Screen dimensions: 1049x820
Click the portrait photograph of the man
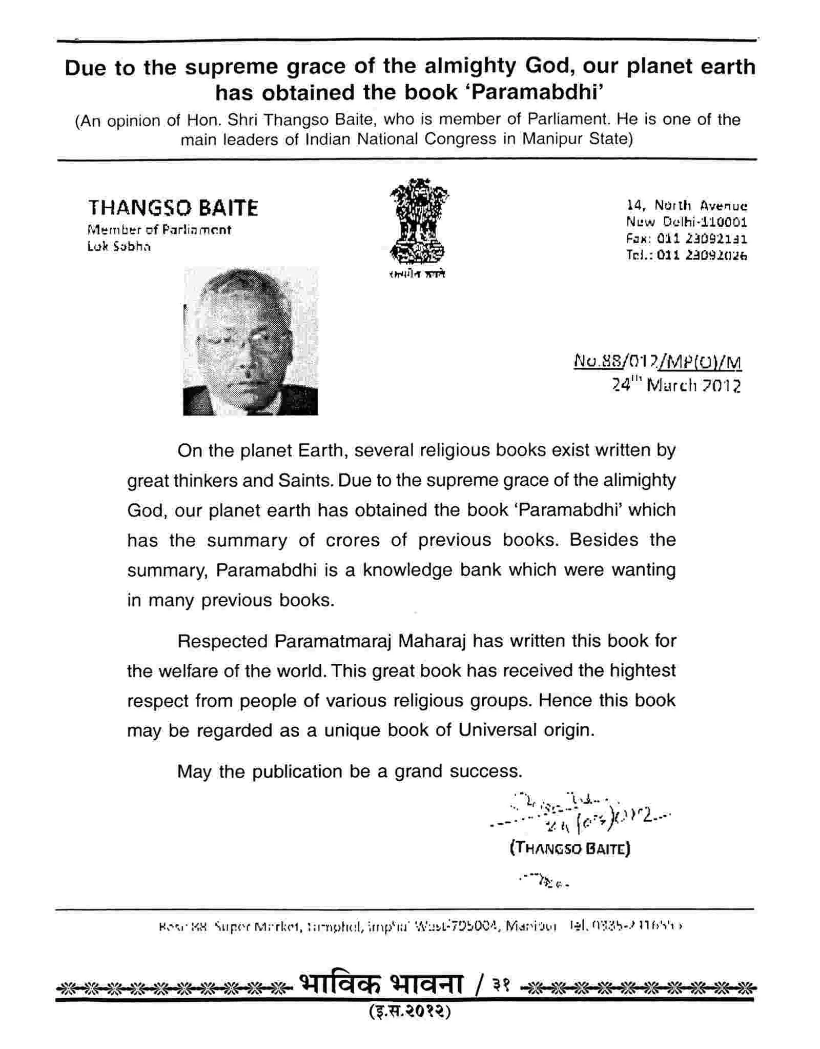250,341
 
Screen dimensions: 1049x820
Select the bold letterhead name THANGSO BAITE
173,208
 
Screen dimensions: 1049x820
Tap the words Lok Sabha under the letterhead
119,247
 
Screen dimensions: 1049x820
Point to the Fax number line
686,239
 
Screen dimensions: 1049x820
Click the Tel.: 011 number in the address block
686,255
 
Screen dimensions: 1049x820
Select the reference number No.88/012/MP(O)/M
658,362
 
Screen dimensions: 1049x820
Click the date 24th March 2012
676,385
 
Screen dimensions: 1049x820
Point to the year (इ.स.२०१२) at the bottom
409,1011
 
